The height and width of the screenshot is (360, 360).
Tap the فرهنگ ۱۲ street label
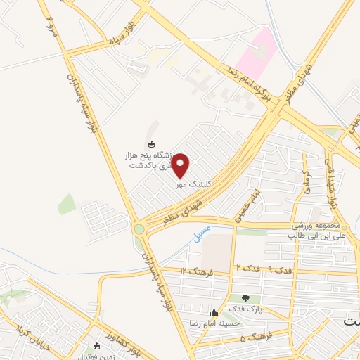192,271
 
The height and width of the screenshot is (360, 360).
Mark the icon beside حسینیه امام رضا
214,312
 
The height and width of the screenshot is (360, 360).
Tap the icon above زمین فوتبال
97,346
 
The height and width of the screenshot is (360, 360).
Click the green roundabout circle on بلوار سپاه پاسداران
139,229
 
